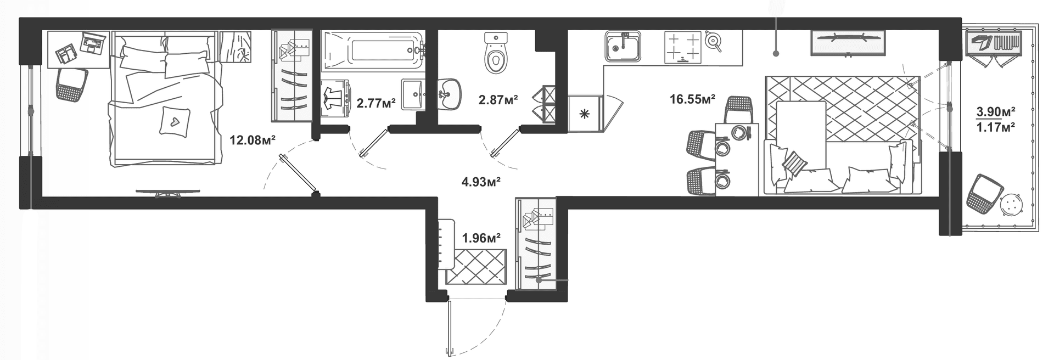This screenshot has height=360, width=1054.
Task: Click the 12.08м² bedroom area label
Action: [252, 140]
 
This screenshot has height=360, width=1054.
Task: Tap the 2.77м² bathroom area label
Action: [376, 103]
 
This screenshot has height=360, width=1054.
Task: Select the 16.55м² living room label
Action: [692, 99]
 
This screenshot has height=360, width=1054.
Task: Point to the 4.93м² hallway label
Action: [481, 182]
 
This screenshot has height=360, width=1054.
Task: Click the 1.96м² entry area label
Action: [481, 238]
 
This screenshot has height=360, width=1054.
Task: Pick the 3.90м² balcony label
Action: [995, 112]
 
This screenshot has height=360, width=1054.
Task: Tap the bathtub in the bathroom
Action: [372, 51]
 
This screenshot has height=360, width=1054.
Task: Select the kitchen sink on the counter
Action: [623, 48]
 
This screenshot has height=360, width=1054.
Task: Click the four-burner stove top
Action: [683, 47]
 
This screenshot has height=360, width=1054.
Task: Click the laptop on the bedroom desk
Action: [93, 42]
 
